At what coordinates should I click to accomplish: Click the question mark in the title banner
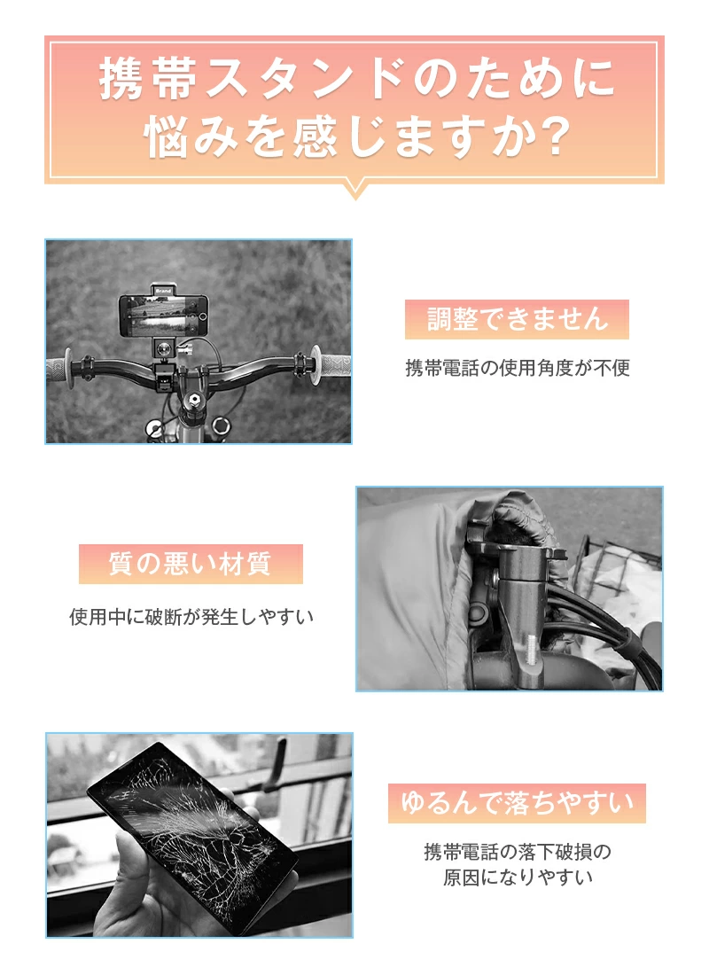click(x=550, y=136)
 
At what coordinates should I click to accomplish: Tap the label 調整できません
click(x=517, y=319)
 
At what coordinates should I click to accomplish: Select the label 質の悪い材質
click(x=191, y=564)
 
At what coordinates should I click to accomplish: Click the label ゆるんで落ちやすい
click(x=517, y=803)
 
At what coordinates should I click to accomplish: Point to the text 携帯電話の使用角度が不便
click(x=518, y=368)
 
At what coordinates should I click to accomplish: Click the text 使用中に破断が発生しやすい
click(x=191, y=617)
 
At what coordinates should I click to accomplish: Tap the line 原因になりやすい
click(x=518, y=877)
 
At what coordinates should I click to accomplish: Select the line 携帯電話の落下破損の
click(x=518, y=851)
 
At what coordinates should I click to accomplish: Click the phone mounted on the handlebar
click(x=163, y=316)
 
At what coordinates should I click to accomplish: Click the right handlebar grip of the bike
click(x=331, y=363)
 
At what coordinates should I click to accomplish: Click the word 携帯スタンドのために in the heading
click(x=357, y=78)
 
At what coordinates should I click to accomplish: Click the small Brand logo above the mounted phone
click(x=164, y=291)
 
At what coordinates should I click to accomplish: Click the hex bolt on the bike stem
click(x=192, y=398)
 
